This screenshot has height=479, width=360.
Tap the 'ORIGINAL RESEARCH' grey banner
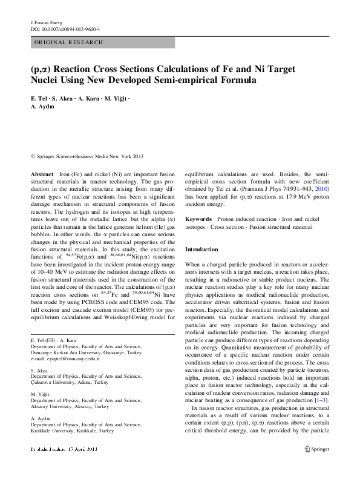(x=102, y=43)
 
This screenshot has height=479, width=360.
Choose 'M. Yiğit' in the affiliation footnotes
(x=41, y=394)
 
